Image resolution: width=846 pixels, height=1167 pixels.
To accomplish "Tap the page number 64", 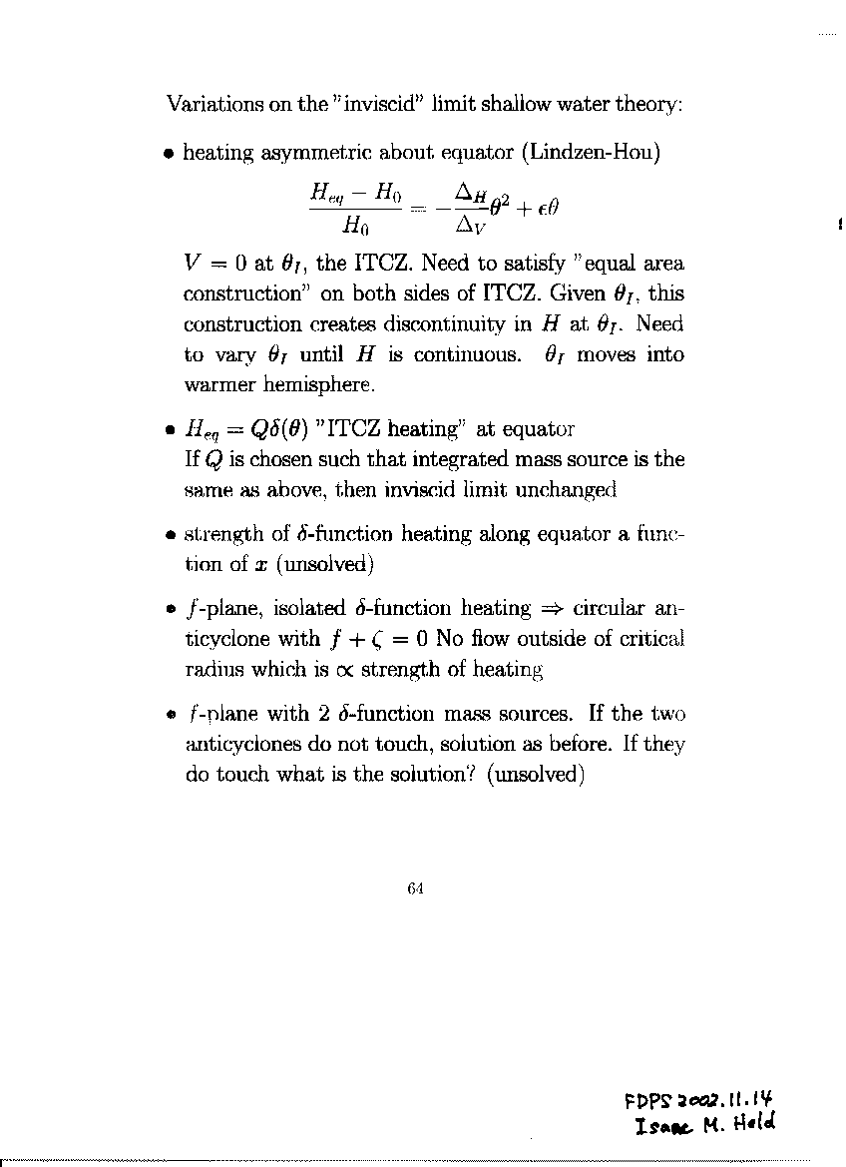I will [417, 889].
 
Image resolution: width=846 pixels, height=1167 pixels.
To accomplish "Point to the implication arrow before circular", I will [550, 609].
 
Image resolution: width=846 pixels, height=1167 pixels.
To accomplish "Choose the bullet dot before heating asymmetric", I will [170, 156].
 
